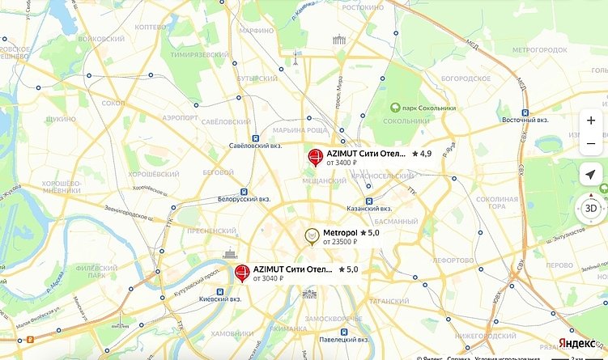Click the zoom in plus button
tap(591, 120)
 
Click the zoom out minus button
tap(591, 144)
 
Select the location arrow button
tap(591, 175)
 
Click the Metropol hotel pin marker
tap(311, 236)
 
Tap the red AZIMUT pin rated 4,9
tap(316, 156)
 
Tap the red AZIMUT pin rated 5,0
tap(241, 273)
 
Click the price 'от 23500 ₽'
tap(340, 242)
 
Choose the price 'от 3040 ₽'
tap(270, 278)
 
